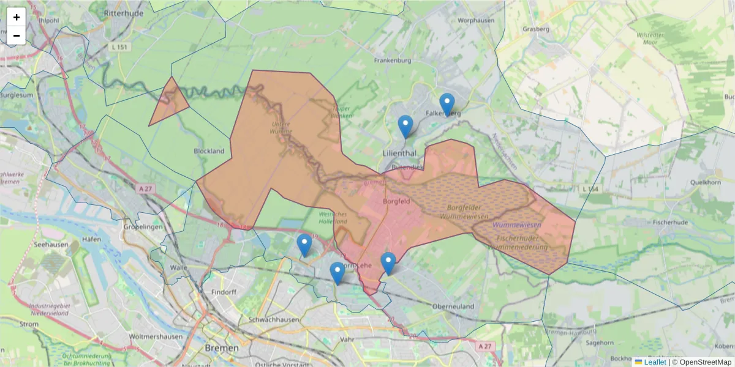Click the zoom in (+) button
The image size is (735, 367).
pyautogui.click(x=17, y=17)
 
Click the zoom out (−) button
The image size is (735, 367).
pyautogui.click(x=17, y=35)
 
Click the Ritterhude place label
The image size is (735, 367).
pyautogui.click(x=123, y=12)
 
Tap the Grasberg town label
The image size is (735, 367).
pyautogui.click(x=537, y=29)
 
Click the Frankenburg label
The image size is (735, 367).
pyautogui.click(x=391, y=61)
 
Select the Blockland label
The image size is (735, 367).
pyautogui.click(x=208, y=151)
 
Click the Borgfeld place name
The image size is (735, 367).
pyautogui.click(x=396, y=201)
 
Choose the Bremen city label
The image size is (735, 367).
pyautogui.click(x=218, y=347)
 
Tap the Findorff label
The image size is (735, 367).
pyautogui.click(x=224, y=292)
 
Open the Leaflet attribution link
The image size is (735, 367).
pyautogui.click(x=654, y=362)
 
